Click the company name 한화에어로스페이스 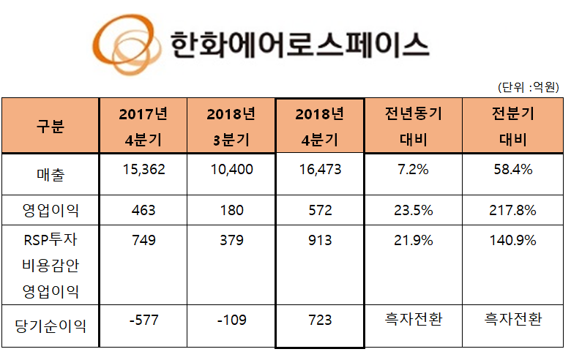click(298, 45)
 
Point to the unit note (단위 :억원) click(529, 87)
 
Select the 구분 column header click(50, 125)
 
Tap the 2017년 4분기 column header click(143, 125)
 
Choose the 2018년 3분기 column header click(231, 125)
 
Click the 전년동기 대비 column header click(413, 125)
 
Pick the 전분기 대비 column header click(512, 125)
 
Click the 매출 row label click(50, 173)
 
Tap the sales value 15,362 click(143, 170)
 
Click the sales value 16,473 click(319, 170)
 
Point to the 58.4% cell click(512, 170)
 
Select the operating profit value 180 click(231, 211)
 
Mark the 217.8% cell click(512, 211)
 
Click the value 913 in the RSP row click(319, 241)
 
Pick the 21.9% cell click(413, 241)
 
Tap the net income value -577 click(143, 320)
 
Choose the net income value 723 click(319, 320)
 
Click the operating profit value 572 click(319, 211)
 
